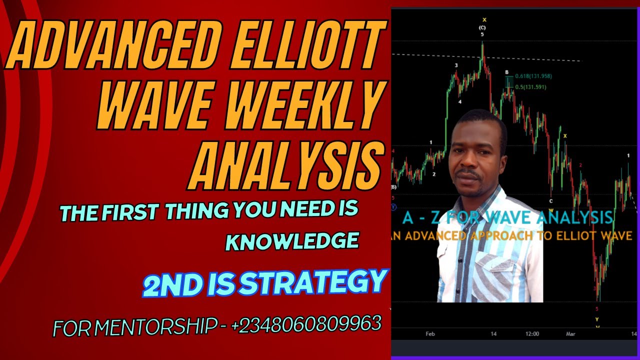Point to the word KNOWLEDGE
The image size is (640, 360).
292,241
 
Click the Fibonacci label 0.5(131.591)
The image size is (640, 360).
531,87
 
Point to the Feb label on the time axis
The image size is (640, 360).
430,333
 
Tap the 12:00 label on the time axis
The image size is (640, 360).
532,333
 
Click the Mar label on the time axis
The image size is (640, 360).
571,333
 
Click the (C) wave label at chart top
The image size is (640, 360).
482,27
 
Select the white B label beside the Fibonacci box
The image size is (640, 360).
506,72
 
